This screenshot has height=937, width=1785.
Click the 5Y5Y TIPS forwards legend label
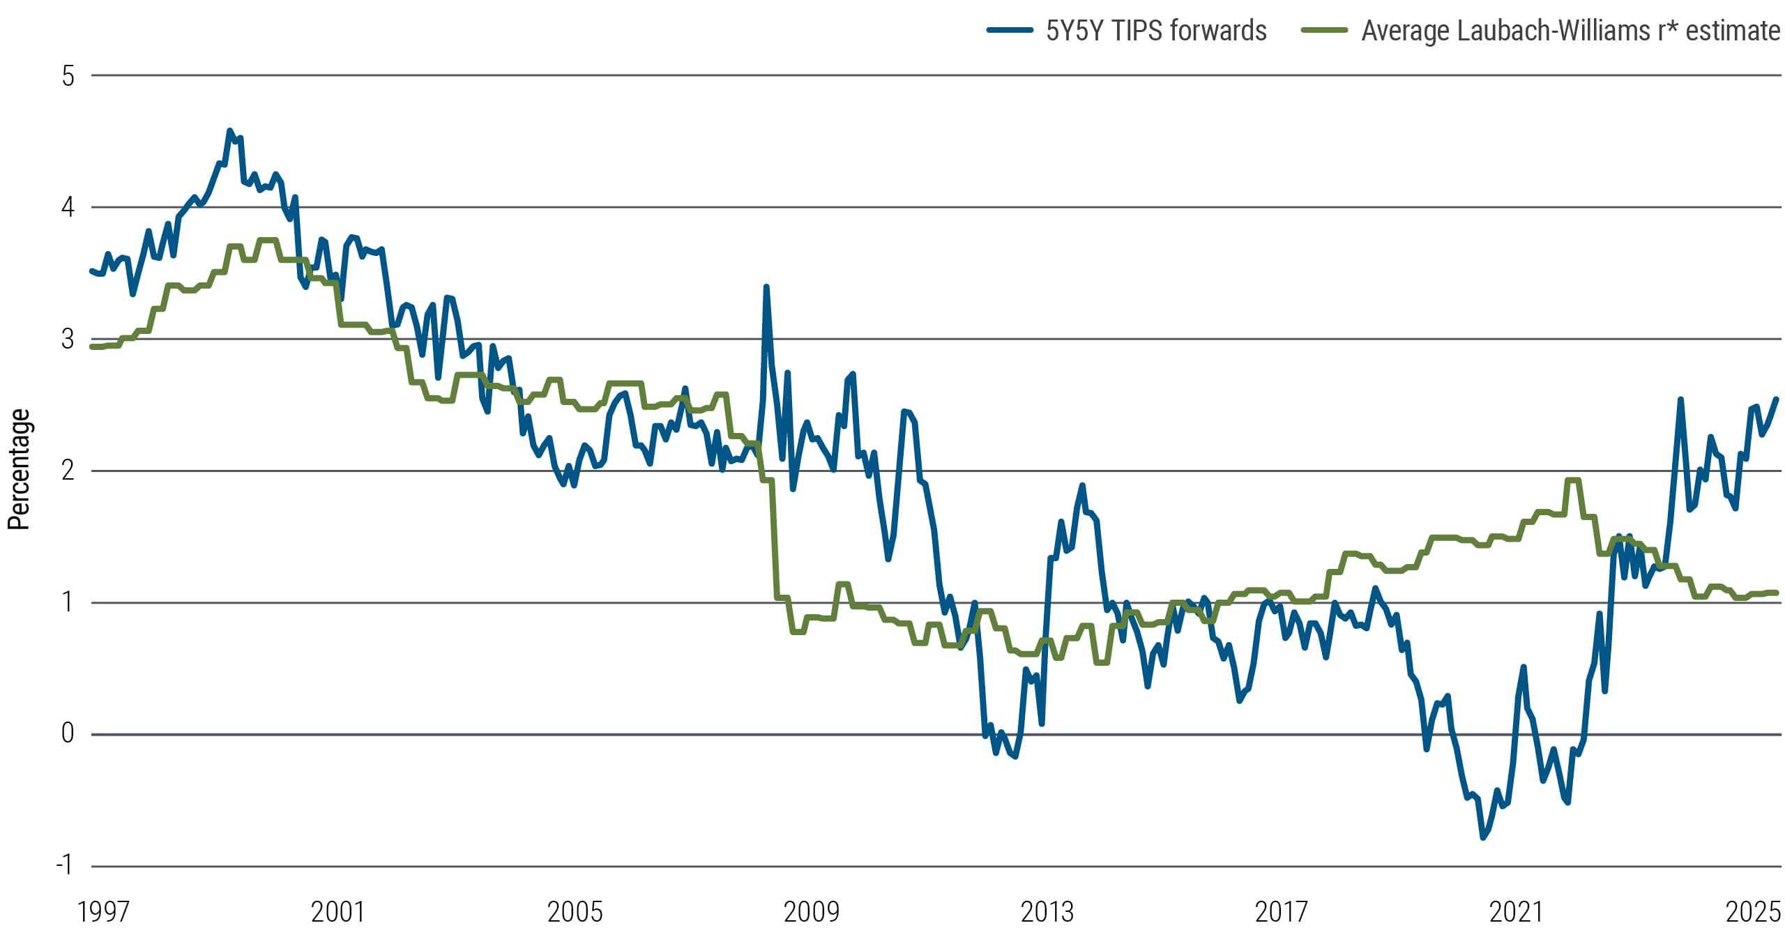tap(1155, 31)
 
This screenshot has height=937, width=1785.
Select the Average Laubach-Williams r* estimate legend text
tap(1570, 31)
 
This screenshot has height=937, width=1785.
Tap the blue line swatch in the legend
tap(1009, 30)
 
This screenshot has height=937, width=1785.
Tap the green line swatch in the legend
tap(1324, 30)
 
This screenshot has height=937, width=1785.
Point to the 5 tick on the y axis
tap(68, 76)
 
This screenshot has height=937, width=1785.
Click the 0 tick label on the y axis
tap(68, 733)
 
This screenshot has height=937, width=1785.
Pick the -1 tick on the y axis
tap(65, 865)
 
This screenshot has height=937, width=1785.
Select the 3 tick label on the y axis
tap(68, 340)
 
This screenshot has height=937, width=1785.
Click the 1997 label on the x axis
tap(103, 912)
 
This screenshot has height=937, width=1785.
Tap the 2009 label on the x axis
tap(811, 912)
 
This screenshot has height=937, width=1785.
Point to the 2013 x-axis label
tap(1047, 912)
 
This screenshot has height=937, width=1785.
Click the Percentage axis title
tap(19, 469)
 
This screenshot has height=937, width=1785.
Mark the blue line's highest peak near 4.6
tap(229, 130)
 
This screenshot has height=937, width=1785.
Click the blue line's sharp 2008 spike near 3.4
tap(766, 287)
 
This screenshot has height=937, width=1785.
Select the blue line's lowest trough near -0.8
tap(1483, 837)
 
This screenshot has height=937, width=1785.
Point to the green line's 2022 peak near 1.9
tap(1572, 480)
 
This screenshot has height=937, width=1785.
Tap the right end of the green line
tap(1776, 593)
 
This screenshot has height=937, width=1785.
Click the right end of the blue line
tap(1776, 399)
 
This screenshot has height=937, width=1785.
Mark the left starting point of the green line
tap(92, 346)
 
